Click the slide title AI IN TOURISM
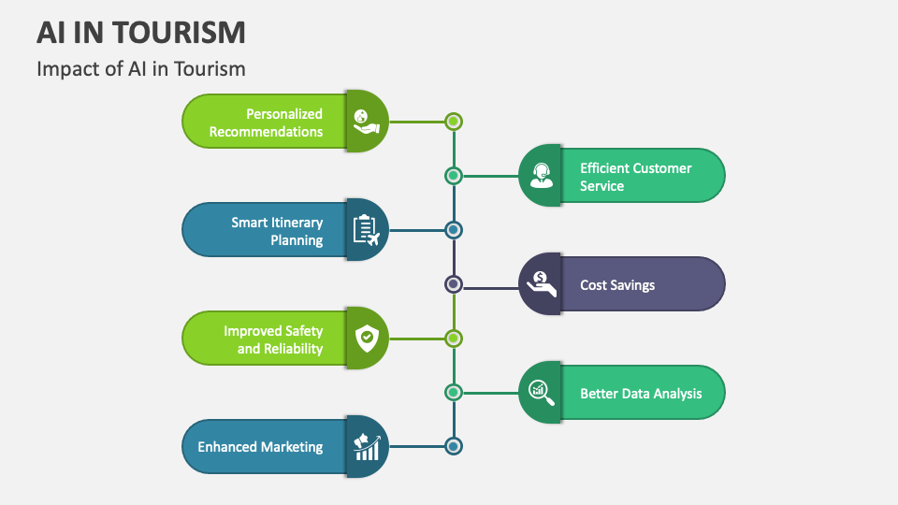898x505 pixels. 142,32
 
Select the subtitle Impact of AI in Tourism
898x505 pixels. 141,68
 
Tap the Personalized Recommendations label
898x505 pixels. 266,123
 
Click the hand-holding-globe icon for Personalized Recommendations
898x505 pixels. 366,121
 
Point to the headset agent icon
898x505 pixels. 541,175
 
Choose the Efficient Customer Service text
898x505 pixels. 635,177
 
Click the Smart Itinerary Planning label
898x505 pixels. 277,231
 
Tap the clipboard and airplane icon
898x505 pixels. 366,229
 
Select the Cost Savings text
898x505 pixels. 617,285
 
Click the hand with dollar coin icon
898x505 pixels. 541,283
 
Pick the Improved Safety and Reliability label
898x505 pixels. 273,339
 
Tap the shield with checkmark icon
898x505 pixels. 366,338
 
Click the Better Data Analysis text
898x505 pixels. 641,394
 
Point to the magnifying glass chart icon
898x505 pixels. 541,392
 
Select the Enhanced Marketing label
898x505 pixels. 260,447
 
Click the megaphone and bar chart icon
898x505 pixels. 366,446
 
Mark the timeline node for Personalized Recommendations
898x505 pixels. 454,121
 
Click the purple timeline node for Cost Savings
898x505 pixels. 454,283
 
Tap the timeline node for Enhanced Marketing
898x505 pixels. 454,446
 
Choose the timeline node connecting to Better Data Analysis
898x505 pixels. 454,392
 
